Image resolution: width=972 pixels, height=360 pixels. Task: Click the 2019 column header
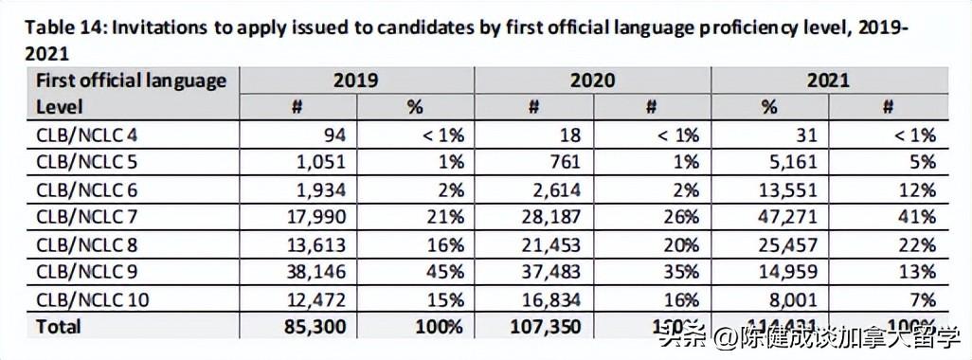tap(355, 81)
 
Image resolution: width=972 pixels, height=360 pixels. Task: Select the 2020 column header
tap(592, 81)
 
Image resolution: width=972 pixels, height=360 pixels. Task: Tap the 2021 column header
tap(829, 81)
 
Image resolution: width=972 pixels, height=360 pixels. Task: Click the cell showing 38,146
tap(311, 272)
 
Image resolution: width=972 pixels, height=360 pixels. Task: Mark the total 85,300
tap(309, 327)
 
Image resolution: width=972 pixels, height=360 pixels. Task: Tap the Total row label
tap(59, 327)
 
